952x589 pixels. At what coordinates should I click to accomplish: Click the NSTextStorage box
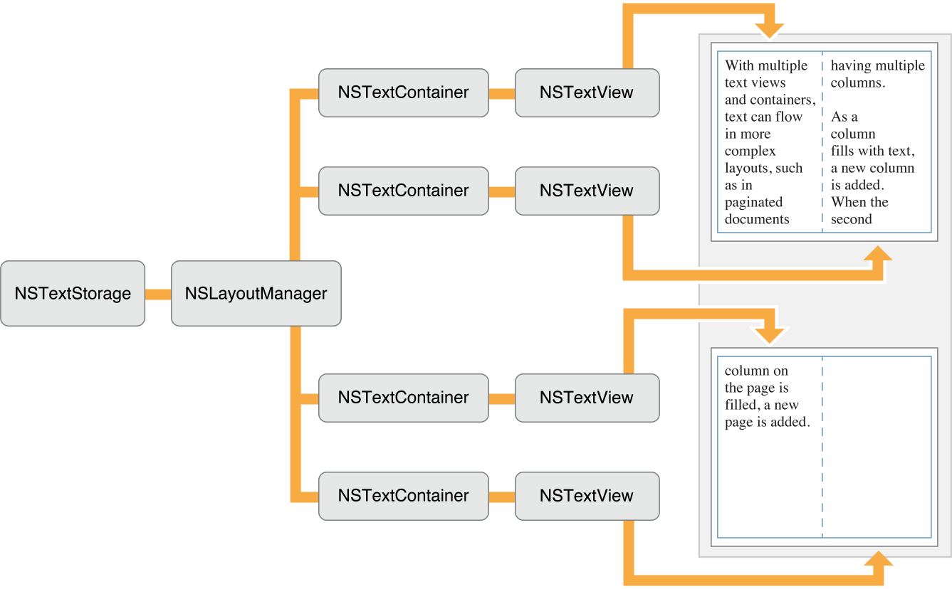click(x=73, y=293)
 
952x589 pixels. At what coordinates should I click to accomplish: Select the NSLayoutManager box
click(x=256, y=293)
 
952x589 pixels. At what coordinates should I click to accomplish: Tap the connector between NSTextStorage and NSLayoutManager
click(x=158, y=294)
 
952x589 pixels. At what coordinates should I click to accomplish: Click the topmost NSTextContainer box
click(x=403, y=92)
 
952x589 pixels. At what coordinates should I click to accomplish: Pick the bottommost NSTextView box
click(x=587, y=496)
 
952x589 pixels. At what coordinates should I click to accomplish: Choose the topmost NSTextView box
click(x=587, y=92)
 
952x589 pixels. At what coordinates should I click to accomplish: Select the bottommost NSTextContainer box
click(x=403, y=496)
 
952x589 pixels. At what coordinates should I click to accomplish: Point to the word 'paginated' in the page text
click(x=753, y=202)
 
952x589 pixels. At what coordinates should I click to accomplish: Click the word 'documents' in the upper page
click(x=757, y=219)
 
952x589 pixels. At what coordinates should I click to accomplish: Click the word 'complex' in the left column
click(x=750, y=151)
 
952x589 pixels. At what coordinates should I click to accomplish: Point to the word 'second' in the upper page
click(x=851, y=219)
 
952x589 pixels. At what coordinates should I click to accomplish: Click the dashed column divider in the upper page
click(x=822, y=142)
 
